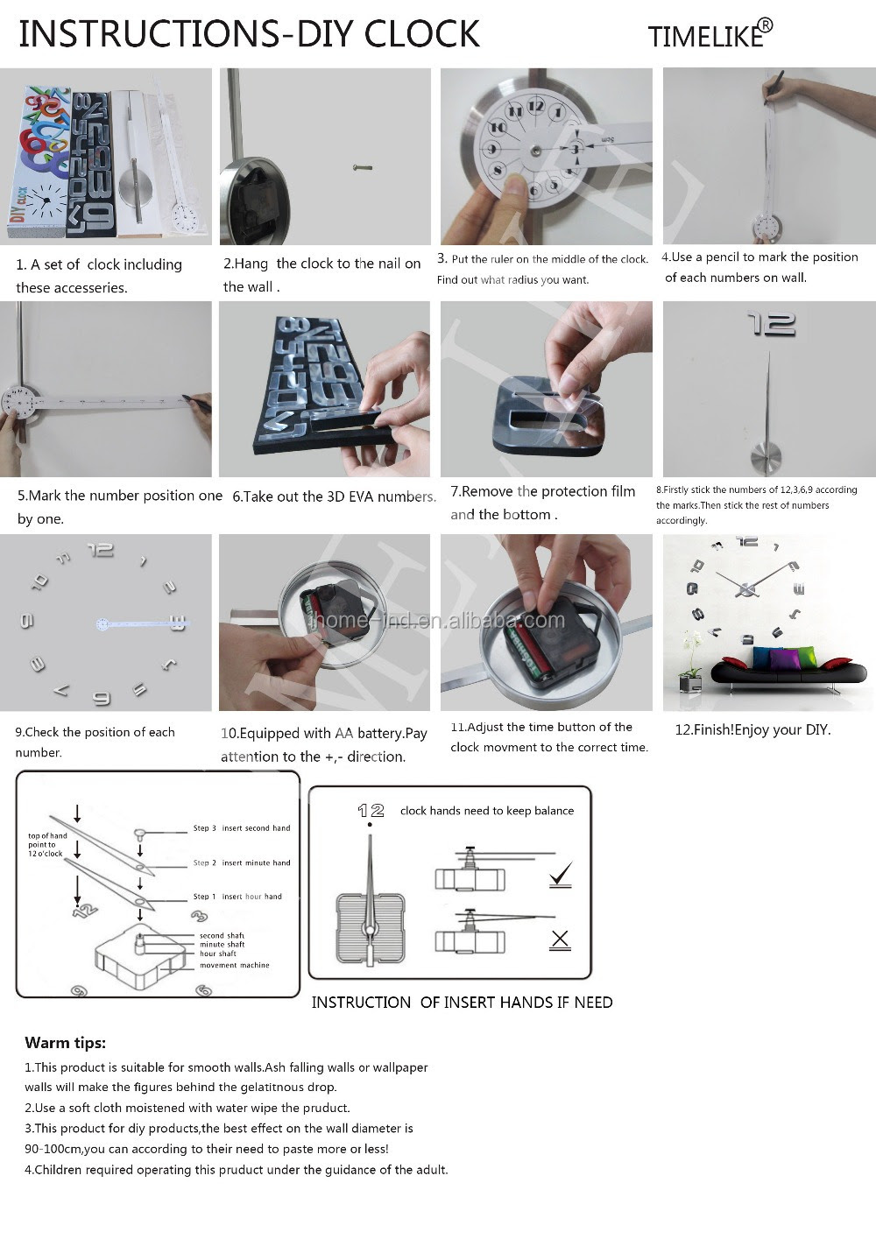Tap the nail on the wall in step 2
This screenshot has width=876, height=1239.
pos(363,167)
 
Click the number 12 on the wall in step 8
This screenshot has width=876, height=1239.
pos(772,324)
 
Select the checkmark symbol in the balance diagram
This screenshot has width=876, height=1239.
pos(561,874)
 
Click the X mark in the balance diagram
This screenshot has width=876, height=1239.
pos(560,940)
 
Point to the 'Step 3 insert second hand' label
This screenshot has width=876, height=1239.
pos(241,828)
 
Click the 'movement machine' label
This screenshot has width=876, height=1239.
pos(235,965)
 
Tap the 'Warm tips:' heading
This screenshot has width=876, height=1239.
pos(66,1043)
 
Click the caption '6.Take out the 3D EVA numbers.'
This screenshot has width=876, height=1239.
pos(335,496)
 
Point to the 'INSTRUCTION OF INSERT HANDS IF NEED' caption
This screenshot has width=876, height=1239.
pos(462,1003)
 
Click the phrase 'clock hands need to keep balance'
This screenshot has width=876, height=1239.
pos(487,811)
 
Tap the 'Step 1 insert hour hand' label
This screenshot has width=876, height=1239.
pos(237,896)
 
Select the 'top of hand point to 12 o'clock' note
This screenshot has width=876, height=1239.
pos(47,845)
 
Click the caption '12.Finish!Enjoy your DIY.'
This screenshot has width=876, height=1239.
pos(752,730)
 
